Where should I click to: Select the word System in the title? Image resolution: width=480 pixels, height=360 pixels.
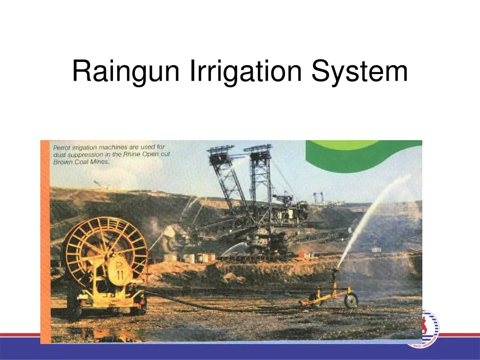[360, 72]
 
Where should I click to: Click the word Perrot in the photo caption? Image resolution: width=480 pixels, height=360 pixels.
[61, 147]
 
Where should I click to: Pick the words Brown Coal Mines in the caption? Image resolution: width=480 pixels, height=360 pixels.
[81, 162]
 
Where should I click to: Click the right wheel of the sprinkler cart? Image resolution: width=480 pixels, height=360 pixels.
[351, 300]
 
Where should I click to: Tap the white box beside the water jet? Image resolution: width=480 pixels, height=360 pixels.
[376, 250]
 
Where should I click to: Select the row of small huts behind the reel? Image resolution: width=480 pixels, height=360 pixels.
[190, 257]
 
